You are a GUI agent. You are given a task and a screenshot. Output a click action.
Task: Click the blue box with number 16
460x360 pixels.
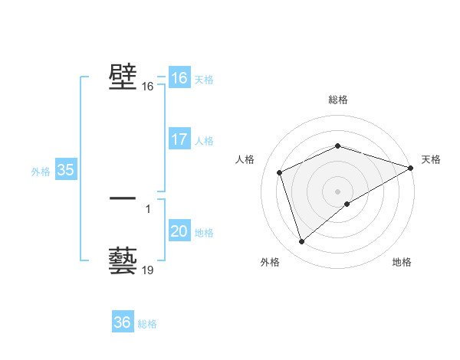pos(179,78)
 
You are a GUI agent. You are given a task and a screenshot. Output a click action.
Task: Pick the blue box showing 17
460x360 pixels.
pos(179,139)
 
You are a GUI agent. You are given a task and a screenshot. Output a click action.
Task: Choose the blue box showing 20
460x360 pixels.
pos(179,231)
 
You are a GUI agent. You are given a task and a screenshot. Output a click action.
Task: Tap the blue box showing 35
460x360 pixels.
pos(65,170)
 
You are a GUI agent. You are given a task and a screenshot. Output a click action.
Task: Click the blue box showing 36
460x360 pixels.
pos(122,322)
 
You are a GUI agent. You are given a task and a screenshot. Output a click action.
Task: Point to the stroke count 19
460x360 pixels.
pos(148,270)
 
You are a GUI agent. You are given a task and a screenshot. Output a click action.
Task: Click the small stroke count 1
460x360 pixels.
pos(147,209)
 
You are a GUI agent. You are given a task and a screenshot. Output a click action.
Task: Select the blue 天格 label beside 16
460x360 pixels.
pos(204,80)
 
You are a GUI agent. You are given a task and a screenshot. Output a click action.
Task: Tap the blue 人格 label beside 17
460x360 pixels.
pos(204,141)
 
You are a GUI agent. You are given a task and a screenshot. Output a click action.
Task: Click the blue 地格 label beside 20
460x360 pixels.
pos(204,233)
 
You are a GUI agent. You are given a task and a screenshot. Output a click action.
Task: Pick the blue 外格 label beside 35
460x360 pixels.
pos(41,172)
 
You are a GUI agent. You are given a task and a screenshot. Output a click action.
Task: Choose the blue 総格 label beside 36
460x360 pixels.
pos(147,324)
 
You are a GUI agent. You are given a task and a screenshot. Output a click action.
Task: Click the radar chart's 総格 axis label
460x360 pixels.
pos(338,99)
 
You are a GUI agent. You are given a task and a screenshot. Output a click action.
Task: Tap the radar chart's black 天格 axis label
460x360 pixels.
pos(431,159)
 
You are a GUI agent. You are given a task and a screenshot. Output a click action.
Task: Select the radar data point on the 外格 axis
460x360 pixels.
pos(301,242)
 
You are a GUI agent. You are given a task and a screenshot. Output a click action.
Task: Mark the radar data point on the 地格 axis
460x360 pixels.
pos(347,204)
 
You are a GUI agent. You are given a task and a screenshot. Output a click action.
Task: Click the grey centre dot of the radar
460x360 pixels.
pos(338,191)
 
